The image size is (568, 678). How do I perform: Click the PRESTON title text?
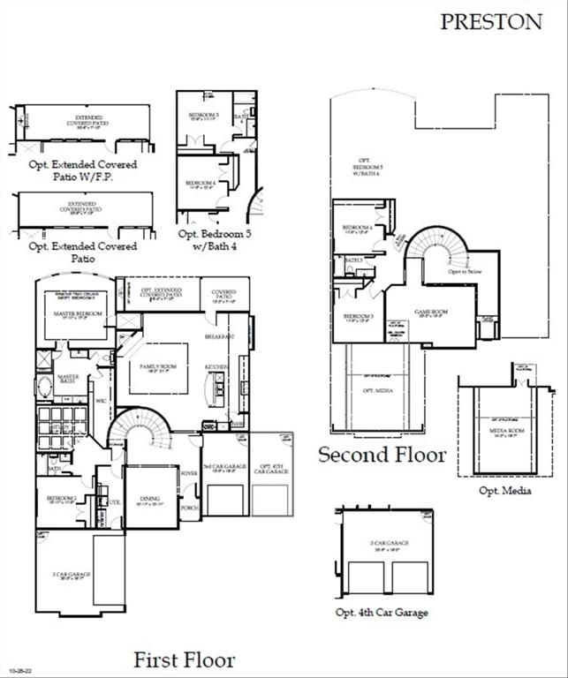tap(491, 22)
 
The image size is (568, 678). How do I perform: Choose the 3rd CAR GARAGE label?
tap(223, 466)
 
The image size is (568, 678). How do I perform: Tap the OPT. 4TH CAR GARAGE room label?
tap(269, 470)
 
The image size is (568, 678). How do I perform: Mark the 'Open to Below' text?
tap(463, 272)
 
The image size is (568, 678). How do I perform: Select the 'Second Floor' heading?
tap(382, 455)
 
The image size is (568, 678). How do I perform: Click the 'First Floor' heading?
tap(185, 659)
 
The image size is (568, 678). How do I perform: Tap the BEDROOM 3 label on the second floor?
tap(359, 317)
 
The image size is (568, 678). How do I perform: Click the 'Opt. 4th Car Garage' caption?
tap(382, 612)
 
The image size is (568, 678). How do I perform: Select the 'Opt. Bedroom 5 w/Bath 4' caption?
tap(215, 240)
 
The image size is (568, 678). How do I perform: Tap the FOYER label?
tap(189, 473)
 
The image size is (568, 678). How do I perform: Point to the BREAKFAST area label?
tap(219, 337)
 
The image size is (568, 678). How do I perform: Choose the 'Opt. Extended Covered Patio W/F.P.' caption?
tap(82, 170)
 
